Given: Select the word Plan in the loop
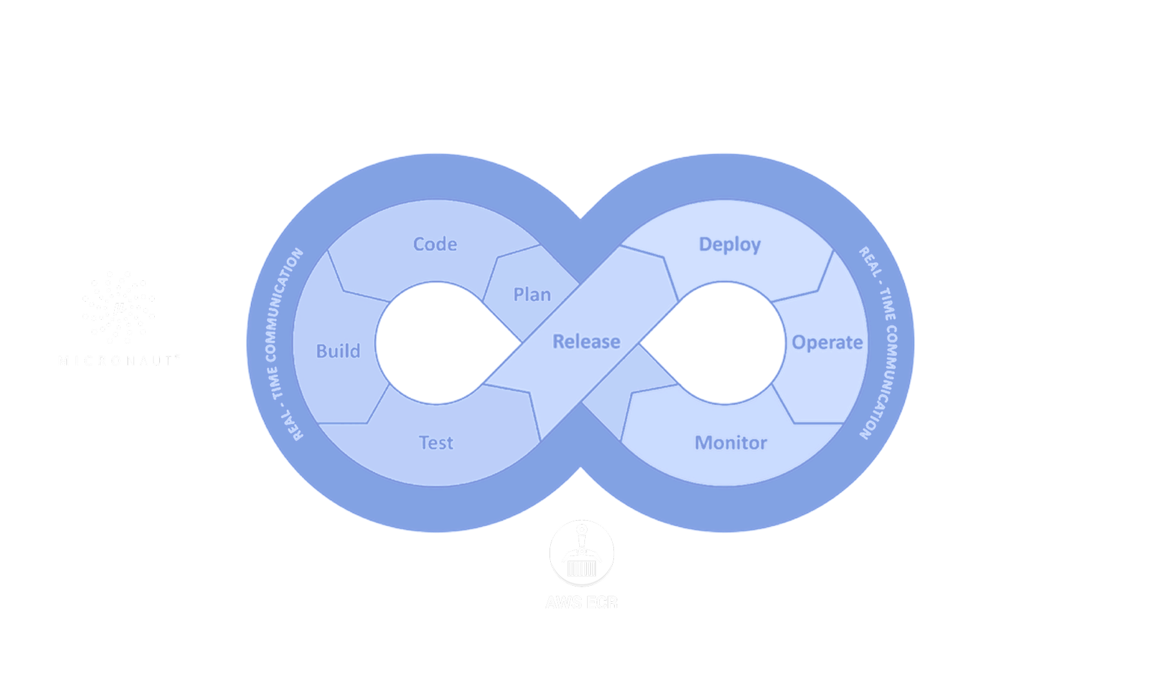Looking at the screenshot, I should point(532,295).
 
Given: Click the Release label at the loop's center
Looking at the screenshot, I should point(586,342).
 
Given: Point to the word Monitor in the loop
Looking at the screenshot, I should point(731,443).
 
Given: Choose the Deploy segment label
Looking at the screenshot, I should point(729,244).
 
